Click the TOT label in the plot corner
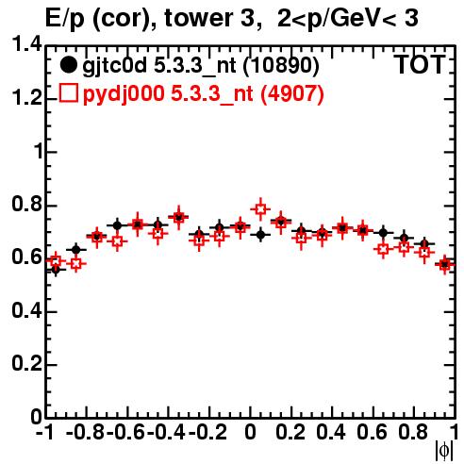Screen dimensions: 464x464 coord(419,65)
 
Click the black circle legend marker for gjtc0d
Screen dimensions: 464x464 coord(68,65)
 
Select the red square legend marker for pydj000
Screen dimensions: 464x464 coord(68,93)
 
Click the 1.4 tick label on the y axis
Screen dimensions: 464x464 coord(26,44)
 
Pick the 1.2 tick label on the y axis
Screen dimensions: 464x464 coord(26,98)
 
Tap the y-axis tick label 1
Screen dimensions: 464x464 coord(39,151)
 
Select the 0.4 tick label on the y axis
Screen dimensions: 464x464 coord(26,310)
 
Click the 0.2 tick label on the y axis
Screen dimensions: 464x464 coord(26,364)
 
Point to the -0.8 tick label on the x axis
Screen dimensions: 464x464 coord(86,432)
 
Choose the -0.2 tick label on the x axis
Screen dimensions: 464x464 coord(207,432)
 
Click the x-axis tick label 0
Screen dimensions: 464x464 coord(250,432)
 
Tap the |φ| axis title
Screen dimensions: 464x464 coord(444,451)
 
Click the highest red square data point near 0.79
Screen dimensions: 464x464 coord(260,208)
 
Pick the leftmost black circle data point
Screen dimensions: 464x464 coord(56,270)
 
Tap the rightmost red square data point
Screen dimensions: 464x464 coord(444,264)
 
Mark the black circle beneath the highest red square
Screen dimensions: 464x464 coord(260,235)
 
